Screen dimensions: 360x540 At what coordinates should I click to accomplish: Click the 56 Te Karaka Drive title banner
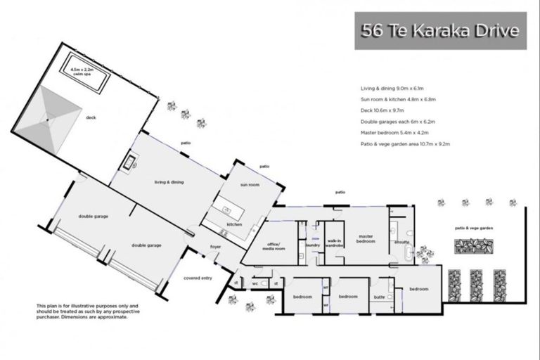(439, 30)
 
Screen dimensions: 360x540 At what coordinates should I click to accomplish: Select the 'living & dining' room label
(169, 182)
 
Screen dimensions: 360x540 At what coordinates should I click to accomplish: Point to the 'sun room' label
(250, 185)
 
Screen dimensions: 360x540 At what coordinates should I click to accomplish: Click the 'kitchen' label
(234, 224)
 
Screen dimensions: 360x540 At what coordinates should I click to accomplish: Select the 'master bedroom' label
(365, 238)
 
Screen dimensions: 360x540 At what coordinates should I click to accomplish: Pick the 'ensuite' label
(401, 241)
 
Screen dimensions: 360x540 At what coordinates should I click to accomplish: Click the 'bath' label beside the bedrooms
(379, 297)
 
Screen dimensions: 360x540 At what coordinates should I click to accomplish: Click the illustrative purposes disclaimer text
(82, 311)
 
